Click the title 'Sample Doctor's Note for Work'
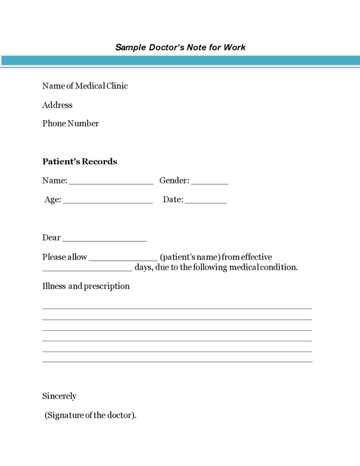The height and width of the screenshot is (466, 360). (x=180, y=48)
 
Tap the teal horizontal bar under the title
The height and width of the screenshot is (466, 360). (x=180, y=61)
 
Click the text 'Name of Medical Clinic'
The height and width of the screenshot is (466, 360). (x=85, y=86)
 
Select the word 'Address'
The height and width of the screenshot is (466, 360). (x=57, y=105)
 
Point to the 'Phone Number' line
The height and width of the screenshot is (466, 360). (x=70, y=124)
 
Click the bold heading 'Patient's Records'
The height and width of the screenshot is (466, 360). (x=80, y=162)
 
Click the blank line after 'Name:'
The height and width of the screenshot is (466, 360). (x=111, y=182)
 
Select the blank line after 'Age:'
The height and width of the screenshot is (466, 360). (x=107, y=201)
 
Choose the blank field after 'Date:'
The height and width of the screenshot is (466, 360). (x=206, y=201)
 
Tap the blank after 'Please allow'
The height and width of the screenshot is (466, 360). (x=123, y=259)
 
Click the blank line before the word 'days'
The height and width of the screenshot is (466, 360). (x=87, y=269)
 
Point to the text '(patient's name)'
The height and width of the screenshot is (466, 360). (x=190, y=257)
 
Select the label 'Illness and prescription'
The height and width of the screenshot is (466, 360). (x=86, y=286)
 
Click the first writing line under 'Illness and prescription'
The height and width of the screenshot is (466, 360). (x=177, y=308)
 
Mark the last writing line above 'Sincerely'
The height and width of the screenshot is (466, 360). (x=177, y=361)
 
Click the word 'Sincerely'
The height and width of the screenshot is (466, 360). (x=59, y=396)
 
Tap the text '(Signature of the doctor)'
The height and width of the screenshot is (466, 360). (x=91, y=415)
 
